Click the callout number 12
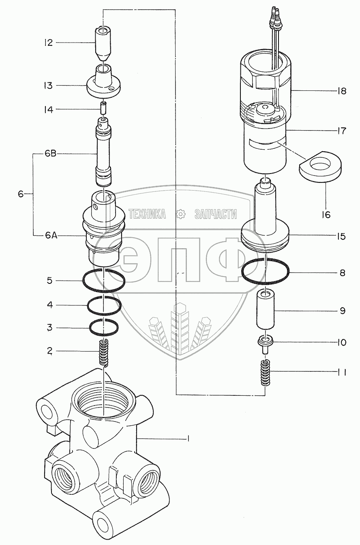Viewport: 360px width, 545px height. (x=49, y=43)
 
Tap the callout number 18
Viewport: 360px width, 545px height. (x=341, y=91)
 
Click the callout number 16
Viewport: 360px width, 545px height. (x=326, y=215)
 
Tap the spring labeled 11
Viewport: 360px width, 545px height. (x=265, y=373)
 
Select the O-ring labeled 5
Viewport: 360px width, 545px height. (x=104, y=280)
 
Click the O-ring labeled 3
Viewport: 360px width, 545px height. (x=104, y=327)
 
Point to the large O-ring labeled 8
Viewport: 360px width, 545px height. (x=265, y=271)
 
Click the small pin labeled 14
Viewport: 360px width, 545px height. (x=104, y=109)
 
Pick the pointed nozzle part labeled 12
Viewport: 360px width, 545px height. (x=104, y=43)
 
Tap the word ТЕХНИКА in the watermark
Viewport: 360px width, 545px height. (x=147, y=214)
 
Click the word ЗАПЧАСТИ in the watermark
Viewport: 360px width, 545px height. (x=215, y=214)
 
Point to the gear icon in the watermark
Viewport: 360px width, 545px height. (x=180, y=214)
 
